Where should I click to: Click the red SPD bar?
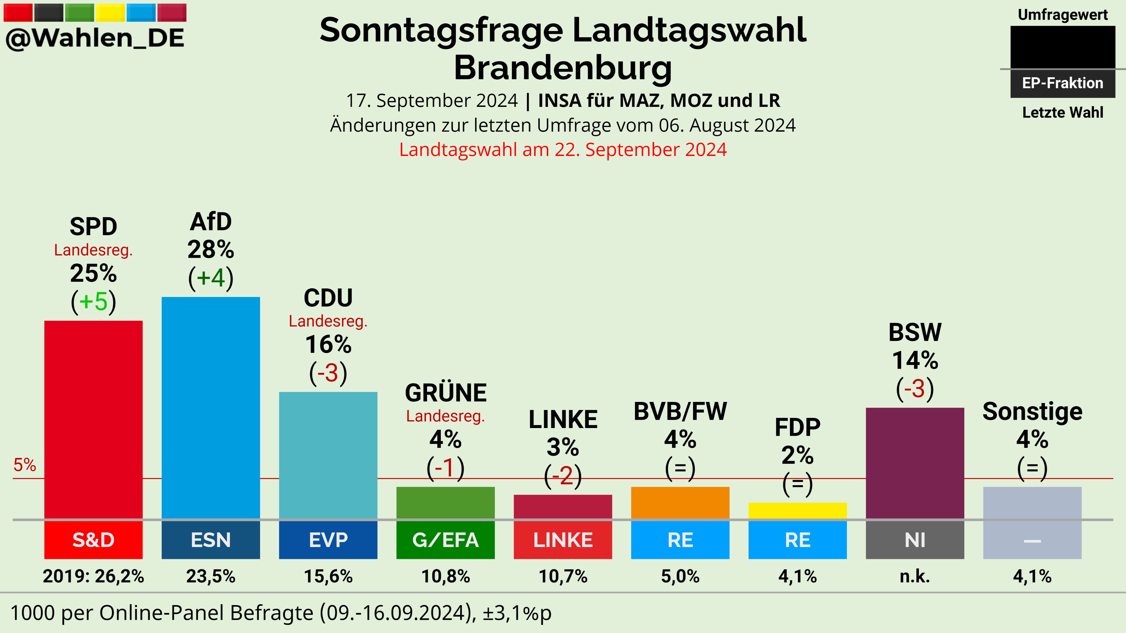pyautogui.click(x=93, y=419)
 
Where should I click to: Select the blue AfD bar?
pyautogui.click(x=211, y=409)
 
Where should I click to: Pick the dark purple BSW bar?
pyautogui.click(x=915, y=463)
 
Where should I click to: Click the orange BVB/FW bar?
pyautogui.click(x=680, y=503)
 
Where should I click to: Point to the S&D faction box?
pyautogui.click(x=93, y=540)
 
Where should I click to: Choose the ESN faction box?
pyautogui.click(x=211, y=540)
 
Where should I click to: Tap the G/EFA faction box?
pyautogui.click(x=445, y=540)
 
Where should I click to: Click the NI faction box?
pyautogui.click(x=915, y=540)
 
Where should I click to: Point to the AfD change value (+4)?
pyautogui.click(x=211, y=277)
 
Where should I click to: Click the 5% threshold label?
pyautogui.click(x=24, y=465)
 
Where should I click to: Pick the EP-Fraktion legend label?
pyautogui.click(x=1062, y=83)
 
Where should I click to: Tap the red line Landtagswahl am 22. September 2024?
pyautogui.click(x=563, y=149)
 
